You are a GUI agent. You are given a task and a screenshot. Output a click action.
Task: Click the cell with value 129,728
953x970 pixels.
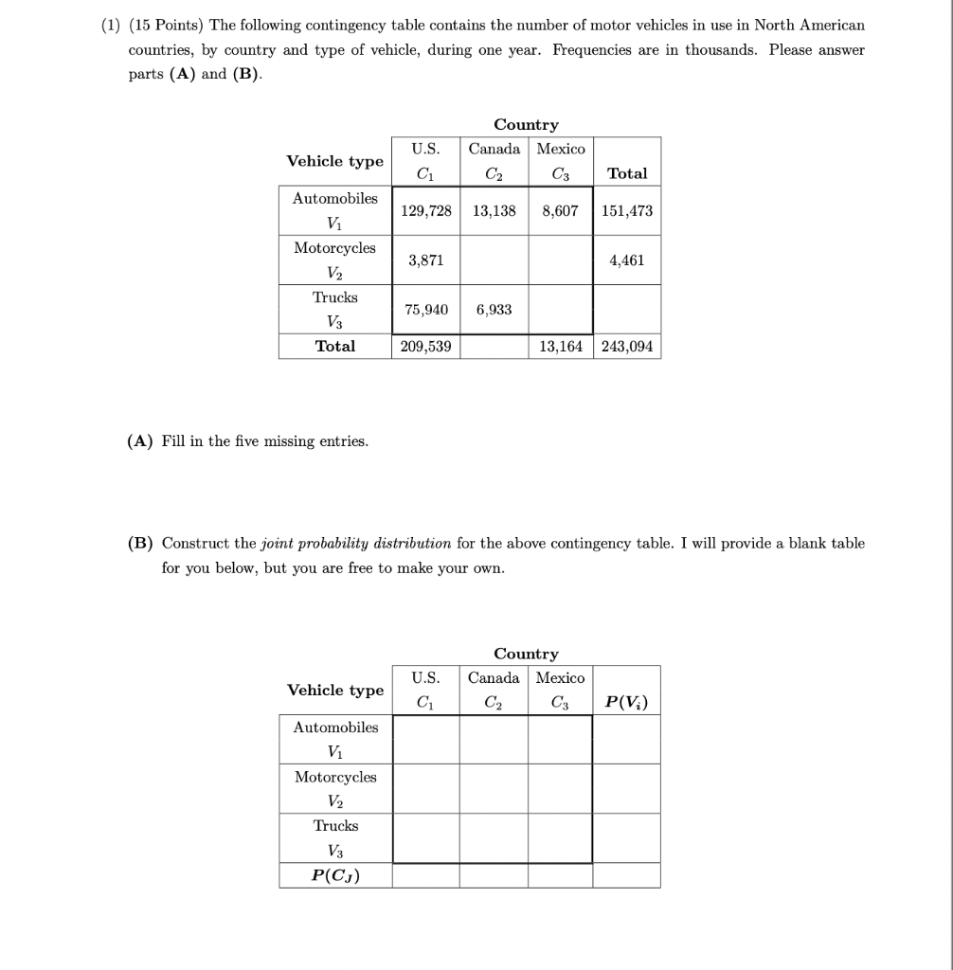(x=426, y=210)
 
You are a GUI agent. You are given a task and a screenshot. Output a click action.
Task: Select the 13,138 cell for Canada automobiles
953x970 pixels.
(x=494, y=210)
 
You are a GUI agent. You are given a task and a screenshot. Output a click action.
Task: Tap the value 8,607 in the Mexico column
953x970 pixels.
(x=560, y=210)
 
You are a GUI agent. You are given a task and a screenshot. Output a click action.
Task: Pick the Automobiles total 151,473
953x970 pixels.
(x=627, y=210)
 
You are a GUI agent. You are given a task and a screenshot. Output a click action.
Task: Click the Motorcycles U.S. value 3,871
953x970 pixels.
(x=425, y=260)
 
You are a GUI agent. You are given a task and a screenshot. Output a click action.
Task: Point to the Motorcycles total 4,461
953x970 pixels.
(x=627, y=260)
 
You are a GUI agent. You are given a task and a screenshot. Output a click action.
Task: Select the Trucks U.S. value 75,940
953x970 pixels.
(x=426, y=309)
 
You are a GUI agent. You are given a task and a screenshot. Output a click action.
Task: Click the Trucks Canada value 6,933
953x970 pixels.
(x=494, y=309)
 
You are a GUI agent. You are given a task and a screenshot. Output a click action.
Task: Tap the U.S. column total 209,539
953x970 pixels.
(x=426, y=347)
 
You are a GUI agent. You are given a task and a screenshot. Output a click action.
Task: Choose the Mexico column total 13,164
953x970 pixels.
(x=561, y=347)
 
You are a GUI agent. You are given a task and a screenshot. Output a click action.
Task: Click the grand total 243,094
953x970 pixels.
(x=627, y=347)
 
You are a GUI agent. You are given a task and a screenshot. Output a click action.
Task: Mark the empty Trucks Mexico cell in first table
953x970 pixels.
(x=560, y=309)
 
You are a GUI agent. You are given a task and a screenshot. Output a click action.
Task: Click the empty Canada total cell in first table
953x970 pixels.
(x=494, y=347)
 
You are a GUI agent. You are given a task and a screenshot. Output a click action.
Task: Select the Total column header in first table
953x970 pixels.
(x=627, y=173)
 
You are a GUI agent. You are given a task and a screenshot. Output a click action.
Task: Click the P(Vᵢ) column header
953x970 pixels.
(x=627, y=702)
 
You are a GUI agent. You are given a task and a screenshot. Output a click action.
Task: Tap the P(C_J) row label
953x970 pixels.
(x=335, y=875)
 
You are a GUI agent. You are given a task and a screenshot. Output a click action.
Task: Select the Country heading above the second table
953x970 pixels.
(x=526, y=654)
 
